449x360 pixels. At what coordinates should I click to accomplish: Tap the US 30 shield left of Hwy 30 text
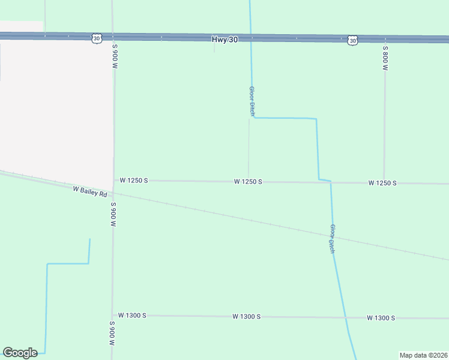(x=97, y=38)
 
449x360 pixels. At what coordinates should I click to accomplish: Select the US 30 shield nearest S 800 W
(x=352, y=40)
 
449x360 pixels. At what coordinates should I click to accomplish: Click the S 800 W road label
(x=385, y=58)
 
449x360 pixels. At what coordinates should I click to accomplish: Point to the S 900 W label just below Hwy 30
(x=114, y=55)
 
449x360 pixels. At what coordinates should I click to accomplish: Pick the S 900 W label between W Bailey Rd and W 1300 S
(x=112, y=214)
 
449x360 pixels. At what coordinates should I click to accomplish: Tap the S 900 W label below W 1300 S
(x=112, y=334)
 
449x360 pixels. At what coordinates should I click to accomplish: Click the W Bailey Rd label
(x=89, y=191)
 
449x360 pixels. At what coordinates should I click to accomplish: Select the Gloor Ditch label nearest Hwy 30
(x=253, y=101)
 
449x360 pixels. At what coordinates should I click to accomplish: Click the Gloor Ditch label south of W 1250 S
(x=332, y=239)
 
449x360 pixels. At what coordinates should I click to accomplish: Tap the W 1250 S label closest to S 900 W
(x=133, y=180)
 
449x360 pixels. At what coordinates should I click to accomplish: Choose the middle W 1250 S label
(x=248, y=181)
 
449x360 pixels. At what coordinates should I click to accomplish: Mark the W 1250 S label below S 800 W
(x=382, y=182)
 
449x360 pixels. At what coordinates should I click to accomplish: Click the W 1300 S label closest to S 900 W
(x=132, y=315)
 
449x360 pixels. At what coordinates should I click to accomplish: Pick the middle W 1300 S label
(x=247, y=316)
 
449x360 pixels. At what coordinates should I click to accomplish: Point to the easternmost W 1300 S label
(x=381, y=317)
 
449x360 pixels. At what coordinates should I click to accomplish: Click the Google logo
(x=20, y=353)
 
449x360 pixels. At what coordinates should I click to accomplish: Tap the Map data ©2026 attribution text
(x=424, y=355)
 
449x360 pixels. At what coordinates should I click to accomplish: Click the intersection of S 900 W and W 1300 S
(x=112, y=315)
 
